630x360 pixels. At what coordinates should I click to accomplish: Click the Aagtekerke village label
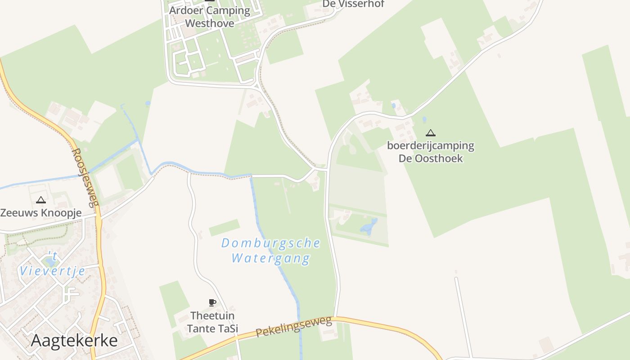[74, 341]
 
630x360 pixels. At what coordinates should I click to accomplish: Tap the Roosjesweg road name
[85, 178]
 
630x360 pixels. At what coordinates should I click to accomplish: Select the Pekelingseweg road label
[294, 326]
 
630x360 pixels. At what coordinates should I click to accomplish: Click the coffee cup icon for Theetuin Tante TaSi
[212, 302]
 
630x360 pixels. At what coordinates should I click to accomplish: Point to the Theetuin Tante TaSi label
[212, 322]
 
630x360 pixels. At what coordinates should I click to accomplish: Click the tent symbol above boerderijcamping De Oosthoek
[431, 133]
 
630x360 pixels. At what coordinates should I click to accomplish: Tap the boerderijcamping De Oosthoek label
[431, 152]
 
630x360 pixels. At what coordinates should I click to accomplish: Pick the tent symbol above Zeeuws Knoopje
[41, 200]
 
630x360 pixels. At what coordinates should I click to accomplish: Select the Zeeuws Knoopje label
[41, 213]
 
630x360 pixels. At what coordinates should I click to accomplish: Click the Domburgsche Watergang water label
[271, 251]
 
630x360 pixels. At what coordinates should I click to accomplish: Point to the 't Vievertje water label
[52, 264]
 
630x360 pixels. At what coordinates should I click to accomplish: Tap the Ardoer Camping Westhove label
[210, 17]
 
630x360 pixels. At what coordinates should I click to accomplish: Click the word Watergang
[271, 258]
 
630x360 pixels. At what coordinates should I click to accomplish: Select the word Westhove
[210, 23]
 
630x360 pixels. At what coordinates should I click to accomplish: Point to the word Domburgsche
[271, 243]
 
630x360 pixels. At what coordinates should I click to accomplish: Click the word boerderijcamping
[431, 146]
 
